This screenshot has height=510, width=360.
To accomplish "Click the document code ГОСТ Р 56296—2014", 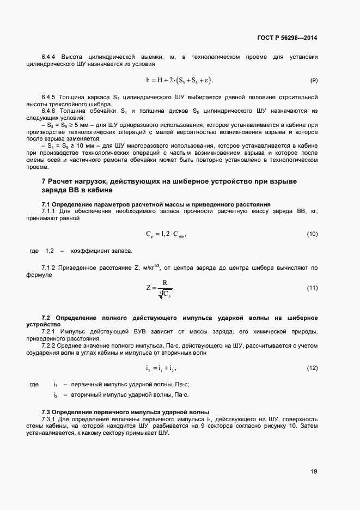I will tap(286, 38).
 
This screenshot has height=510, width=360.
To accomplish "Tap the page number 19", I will tap(314, 472).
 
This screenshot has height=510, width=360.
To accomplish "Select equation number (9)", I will tap(314, 81).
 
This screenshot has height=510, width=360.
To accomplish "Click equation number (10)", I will tap(312, 234).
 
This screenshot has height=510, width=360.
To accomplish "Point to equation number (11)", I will tap(312, 288).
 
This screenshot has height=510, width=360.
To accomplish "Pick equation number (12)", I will tap(312, 369).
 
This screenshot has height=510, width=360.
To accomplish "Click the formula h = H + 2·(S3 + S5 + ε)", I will tap(180, 81).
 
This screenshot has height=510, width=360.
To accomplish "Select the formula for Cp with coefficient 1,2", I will tap(167, 234).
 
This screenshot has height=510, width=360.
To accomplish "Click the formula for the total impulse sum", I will tap(162, 369).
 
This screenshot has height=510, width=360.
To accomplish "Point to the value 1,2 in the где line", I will tap(50, 251).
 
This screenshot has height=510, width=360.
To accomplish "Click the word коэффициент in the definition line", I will tap(88, 251).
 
